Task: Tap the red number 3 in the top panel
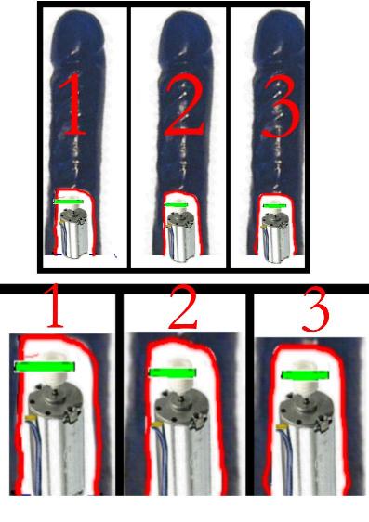279,107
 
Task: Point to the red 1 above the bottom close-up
56,306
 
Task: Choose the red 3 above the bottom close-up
315,308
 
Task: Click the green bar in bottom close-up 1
45,367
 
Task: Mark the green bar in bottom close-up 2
173,372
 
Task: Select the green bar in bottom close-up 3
306,375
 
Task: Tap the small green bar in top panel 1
69,202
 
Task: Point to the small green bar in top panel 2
176,205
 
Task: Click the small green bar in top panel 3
275,206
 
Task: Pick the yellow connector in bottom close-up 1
30,418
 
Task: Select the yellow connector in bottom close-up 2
156,424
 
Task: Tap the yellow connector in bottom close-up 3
282,426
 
